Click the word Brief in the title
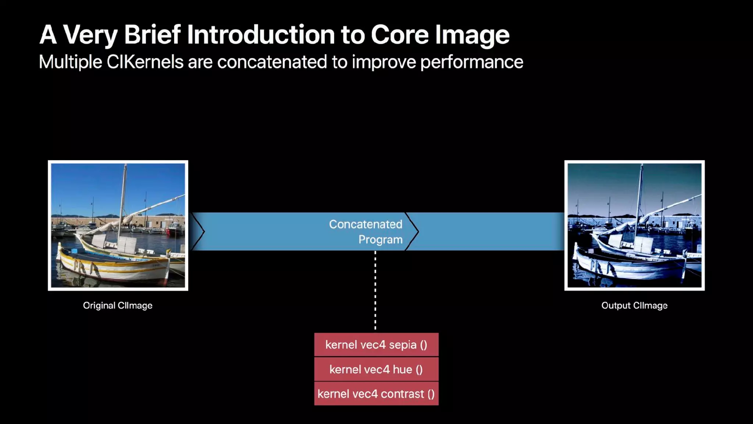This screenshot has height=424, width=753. click(152, 35)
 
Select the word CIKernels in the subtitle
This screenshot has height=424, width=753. click(145, 62)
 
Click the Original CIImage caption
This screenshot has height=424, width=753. click(118, 305)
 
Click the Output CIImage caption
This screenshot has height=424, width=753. click(634, 305)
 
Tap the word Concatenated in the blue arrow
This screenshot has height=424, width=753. click(365, 224)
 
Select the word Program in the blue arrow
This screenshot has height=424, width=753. click(380, 240)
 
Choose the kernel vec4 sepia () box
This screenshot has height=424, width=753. click(376, 345)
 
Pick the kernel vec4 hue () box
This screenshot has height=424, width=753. click(376, 369)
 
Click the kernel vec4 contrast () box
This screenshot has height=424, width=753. click(376, 394)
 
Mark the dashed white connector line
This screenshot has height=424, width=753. click(375, 291)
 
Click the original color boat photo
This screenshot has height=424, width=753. click(118, 225)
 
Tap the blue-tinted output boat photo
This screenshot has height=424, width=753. click(634, 225)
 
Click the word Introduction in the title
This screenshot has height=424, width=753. click(261, 35)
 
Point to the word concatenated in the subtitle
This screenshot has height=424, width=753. click(272, 62)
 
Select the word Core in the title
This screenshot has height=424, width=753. click(399, 35)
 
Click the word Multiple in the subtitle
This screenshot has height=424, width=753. click(70, 62)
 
